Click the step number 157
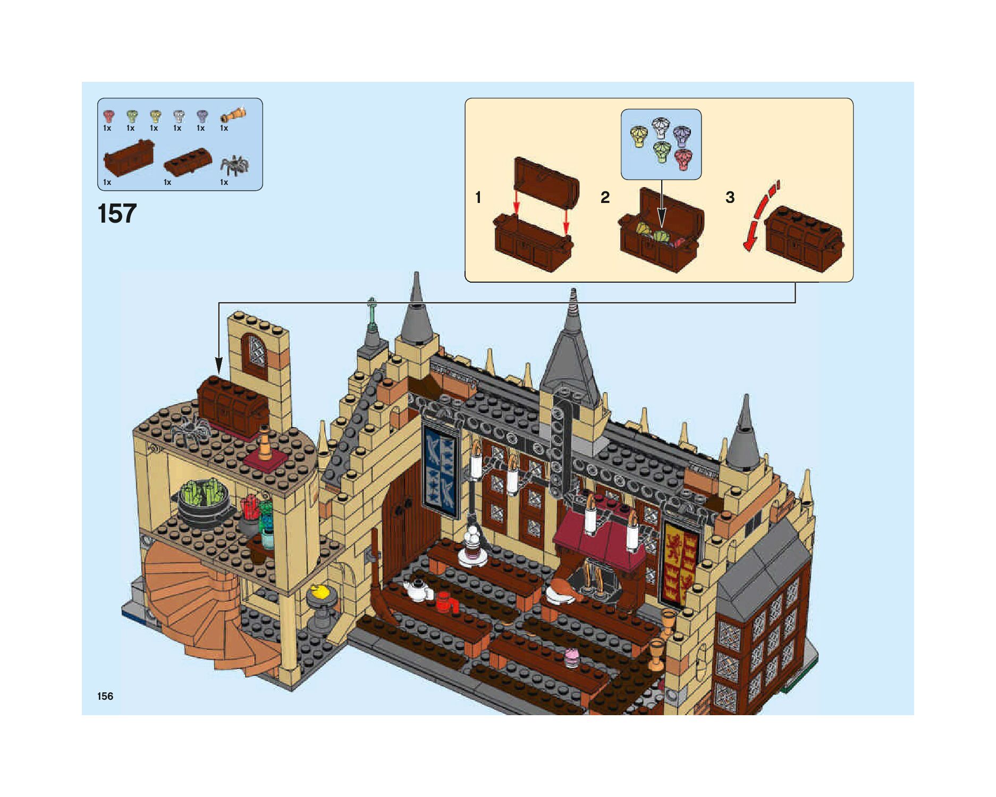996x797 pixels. [x=117, y=214]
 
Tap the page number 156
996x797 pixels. [x=105, y=696]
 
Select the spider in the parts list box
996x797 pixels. [x=234, y=165]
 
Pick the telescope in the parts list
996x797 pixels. [x=233, y=115]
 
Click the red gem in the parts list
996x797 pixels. [x=108, y=116]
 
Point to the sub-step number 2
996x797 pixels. [x=605, y=198]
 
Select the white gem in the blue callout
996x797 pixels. [x=661, y=128]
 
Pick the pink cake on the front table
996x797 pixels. [x=572, y=657]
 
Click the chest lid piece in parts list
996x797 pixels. [x=188, y=163]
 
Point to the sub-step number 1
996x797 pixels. [x=478, y=198]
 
